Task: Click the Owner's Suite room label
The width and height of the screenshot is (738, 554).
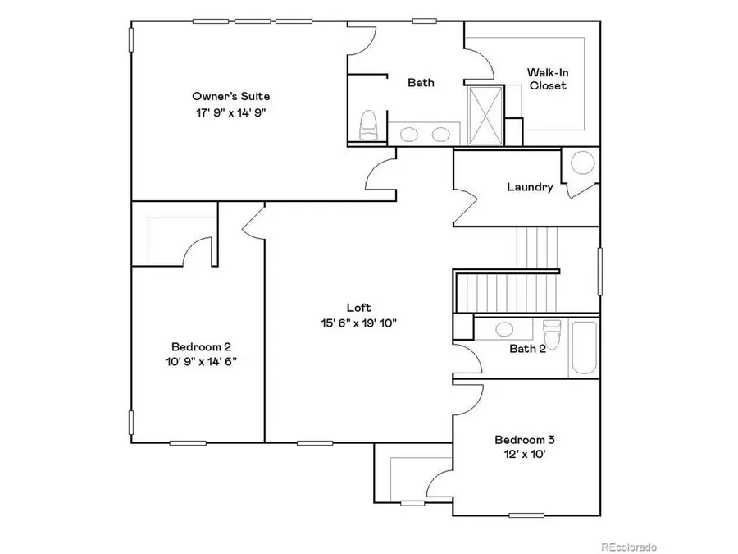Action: (x=230, y=96)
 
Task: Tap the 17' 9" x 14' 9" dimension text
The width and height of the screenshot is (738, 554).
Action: (x=230, y=112)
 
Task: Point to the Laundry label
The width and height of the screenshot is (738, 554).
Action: (x=529, y=187)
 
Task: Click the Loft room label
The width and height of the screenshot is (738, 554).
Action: (x=359, y=308)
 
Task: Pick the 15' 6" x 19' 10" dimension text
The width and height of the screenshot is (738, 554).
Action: (x=359, y=323)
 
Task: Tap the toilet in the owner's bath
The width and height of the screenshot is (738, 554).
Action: (x=368, y=125)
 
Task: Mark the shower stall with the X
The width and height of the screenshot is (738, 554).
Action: (x=484, y=115)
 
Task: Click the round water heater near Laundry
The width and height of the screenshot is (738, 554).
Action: (x=582, y=163)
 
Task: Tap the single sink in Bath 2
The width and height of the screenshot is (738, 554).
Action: (x=504, y=329)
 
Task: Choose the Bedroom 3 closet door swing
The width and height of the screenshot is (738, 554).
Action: (x=439, y=484)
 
